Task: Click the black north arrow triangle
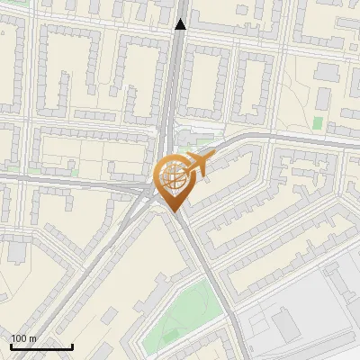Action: coord(181,24)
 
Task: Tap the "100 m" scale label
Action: coord(23,338)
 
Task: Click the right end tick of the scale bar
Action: coord(72,346)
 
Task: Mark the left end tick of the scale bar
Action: coord(11,346)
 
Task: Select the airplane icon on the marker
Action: coord(196,164)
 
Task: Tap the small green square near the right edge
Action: coord(318,122)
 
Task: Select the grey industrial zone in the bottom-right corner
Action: coord(306,306)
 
